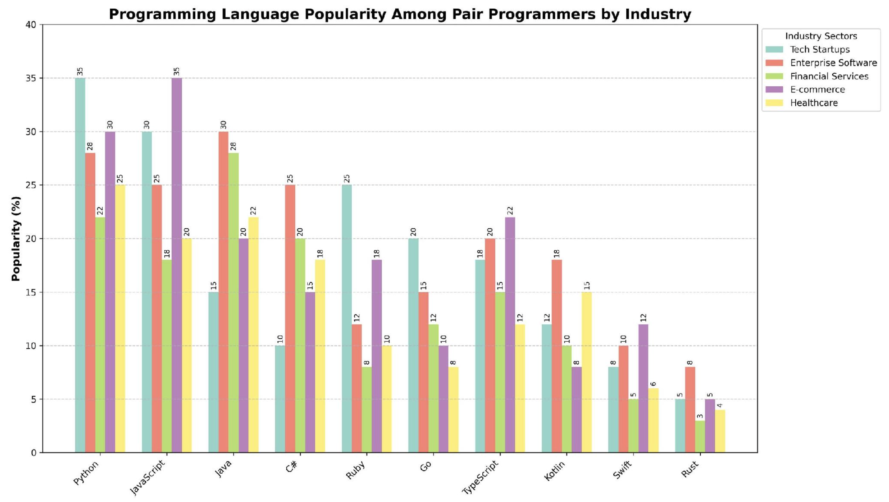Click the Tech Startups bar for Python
80,265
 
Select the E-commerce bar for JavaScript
177,265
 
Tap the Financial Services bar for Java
233,303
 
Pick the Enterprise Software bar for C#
290,319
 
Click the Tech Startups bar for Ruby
347,319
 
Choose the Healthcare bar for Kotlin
587,372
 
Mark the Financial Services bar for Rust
700,437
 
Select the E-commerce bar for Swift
643,389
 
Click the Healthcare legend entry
802,103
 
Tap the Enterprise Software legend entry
821,63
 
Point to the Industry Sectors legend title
821,36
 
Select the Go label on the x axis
426,467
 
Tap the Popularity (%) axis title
16,239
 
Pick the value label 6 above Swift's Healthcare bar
653,384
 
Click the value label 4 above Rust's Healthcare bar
720,405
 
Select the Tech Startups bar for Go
413,346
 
